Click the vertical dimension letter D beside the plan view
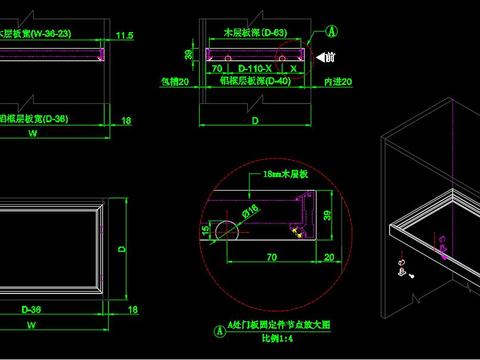coord(122,246)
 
